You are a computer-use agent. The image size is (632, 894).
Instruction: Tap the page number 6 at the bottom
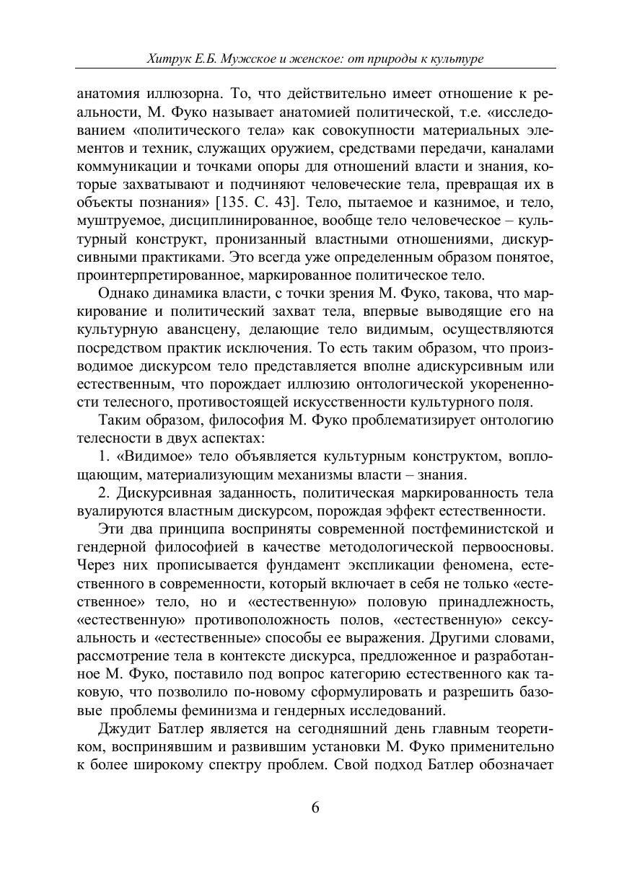[x=315, y=807]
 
